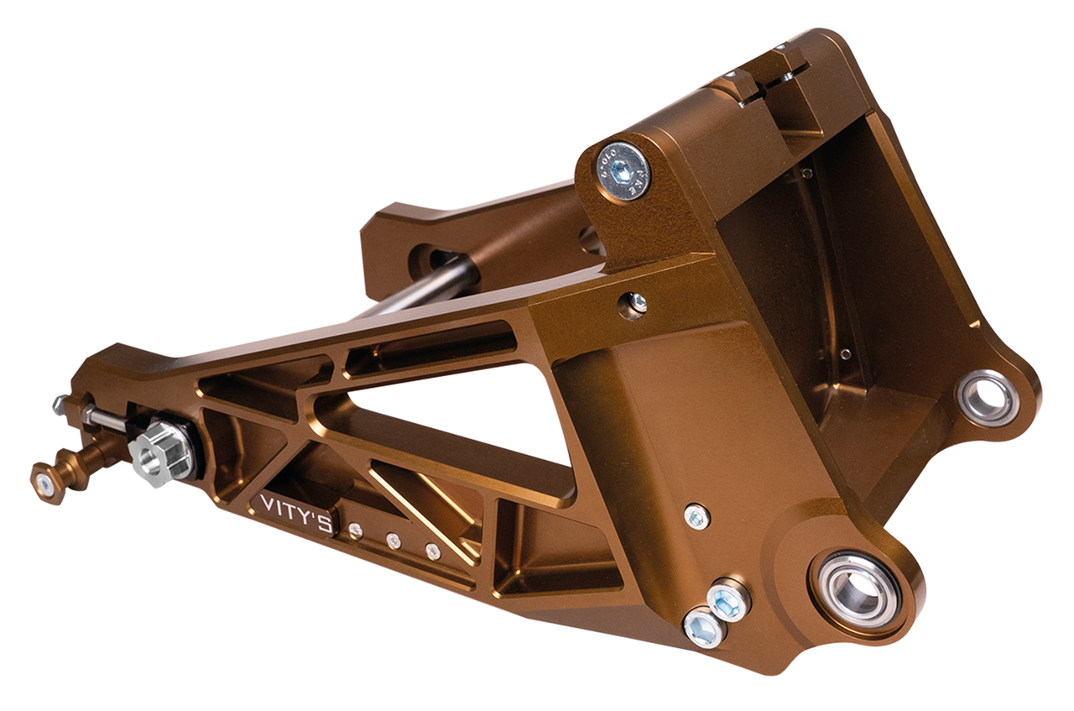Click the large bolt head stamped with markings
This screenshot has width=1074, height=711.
click(623, 171)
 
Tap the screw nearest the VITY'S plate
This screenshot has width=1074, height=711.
click(355, 530)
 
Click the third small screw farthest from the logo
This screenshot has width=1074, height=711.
click(433, 551)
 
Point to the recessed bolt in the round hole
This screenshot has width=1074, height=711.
click(636, 304)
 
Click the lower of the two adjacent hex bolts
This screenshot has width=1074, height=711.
click(703, 627)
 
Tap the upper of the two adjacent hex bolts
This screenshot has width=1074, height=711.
click(727, 601)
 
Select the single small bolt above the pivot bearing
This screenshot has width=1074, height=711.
click(696, 516)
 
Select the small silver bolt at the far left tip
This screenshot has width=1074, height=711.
click(61, 404)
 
